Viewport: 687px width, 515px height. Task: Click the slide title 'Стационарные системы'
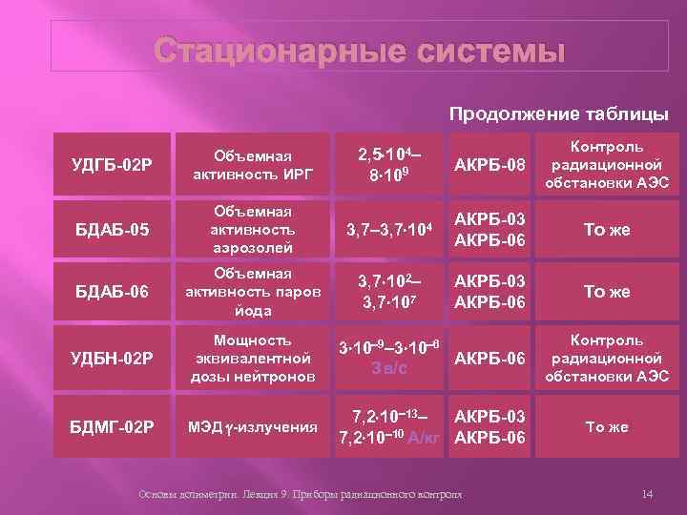coord(361,51)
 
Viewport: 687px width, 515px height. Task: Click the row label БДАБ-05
coord(112,230)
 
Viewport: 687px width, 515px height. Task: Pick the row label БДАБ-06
coord(112,292)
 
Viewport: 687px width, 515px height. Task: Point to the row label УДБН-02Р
coord(112,359)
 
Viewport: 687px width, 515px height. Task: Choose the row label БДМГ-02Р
coord(112,426)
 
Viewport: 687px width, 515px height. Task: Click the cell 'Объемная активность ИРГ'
coord(253,164)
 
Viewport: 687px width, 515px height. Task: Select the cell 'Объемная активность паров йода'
coord(253,292)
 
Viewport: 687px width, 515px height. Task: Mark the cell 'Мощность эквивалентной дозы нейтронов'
coord(253,359)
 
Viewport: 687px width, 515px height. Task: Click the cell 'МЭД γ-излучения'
coord(253,426)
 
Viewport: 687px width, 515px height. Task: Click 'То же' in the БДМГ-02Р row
coord(607,426)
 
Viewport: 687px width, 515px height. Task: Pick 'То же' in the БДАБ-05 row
coord(607,230)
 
